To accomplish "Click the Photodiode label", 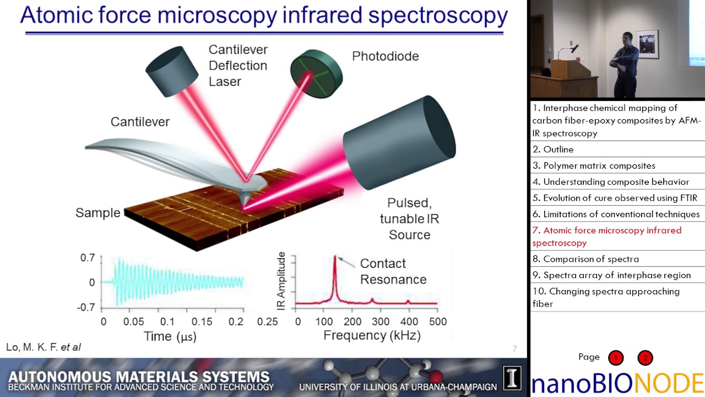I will click(x=385, y=56).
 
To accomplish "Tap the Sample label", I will click(x=97, y=213).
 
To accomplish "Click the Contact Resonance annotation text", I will click(x=393, y=271).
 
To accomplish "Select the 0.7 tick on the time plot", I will click(x=88, y=257).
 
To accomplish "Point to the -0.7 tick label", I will click(x=86, y=307).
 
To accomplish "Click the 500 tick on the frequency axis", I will click(x=437, y=321).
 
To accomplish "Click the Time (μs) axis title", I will click(x=170, y=336).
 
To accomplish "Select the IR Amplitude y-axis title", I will click(x=282, y=281).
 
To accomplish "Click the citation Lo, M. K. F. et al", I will click(x=44, y=347).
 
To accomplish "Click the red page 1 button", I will click(x=616, y=358).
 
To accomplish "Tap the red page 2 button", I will click(x=644, y=358).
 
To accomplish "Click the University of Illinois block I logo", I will click(x=512, y=378).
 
